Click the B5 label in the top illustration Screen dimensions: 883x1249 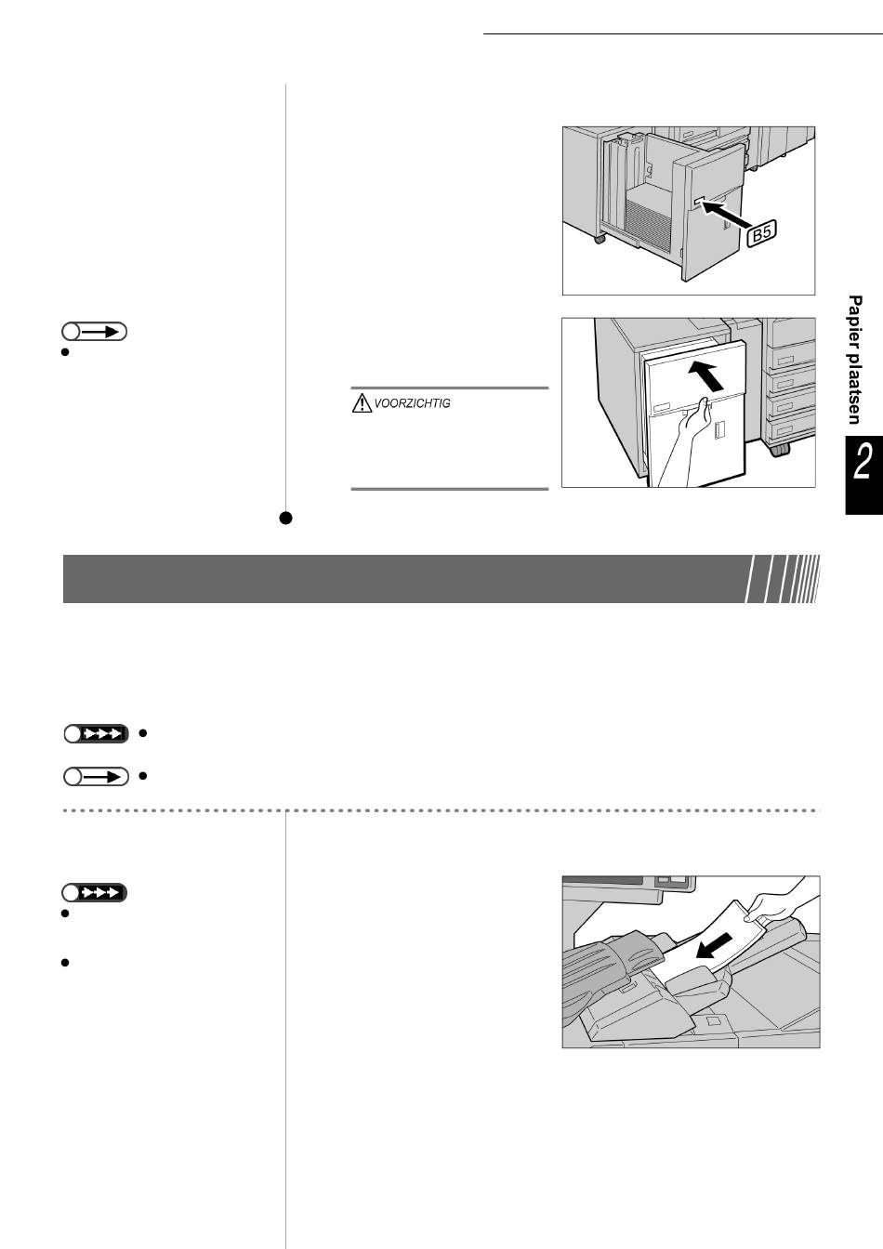coord(761,233)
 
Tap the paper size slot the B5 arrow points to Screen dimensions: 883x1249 coord(699,200)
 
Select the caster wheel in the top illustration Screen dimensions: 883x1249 coord(600,239)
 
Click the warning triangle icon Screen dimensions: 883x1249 coord(362,402)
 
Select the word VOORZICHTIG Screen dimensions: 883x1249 coord(412,403)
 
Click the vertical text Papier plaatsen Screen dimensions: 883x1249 coord(854,360)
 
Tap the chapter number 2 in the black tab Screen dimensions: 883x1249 coord(863,462)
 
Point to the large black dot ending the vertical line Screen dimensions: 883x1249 coord(285,518)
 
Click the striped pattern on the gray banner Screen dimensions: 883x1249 coord(784,579)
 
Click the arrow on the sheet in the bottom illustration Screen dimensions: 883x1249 coord(715,946)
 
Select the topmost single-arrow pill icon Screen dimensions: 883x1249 coord(94,332)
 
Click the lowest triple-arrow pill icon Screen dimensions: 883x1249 coord(94,893)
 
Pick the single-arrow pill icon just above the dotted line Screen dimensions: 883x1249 coord(96,776)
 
